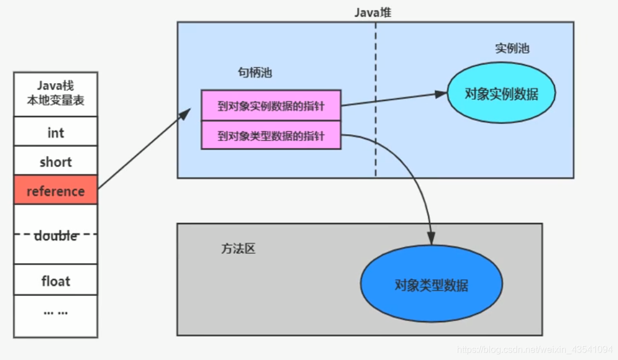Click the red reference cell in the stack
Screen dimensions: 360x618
pos(56,191)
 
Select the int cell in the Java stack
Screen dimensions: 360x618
pos(56,132)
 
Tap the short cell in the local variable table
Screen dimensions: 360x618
pos(56,162)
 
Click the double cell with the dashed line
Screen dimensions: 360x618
pos(56,235)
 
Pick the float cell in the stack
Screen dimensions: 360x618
pos(56,281)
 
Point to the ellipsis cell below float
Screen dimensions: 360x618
pos(56,313)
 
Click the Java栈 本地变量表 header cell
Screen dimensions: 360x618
pos(56,95)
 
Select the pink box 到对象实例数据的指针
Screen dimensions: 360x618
pos(271,105)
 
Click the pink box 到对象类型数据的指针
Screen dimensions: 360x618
pos(271,135)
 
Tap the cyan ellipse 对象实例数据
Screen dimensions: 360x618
pos(501,93)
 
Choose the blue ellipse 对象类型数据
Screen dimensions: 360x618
pos(431,284)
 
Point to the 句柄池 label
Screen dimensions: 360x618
pos(255,73)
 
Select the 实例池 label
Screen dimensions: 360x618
pos(512,49)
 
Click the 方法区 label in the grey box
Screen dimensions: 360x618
pos(238,249)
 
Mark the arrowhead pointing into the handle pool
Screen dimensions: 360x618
pos(184,113)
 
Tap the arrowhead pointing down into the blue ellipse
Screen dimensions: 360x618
pos(431,238)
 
